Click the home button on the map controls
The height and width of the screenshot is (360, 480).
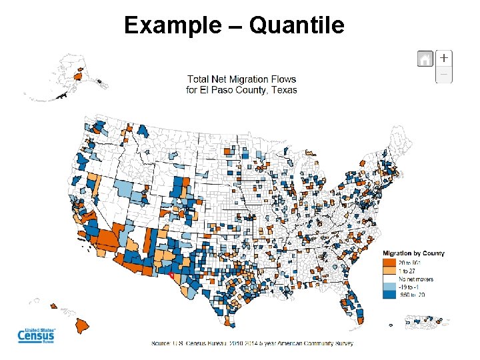click(x=425, y=59)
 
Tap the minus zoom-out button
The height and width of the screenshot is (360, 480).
click(x=444, y=74)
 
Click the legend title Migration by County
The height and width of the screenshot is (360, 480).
click(x=413, y=253)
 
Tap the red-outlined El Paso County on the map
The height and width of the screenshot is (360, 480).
click(x=171, y=274)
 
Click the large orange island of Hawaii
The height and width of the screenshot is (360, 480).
click(x=83, y=326)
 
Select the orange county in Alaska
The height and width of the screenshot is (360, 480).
click(x=77, y=77)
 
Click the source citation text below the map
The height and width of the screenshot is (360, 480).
click(x=252, y=343)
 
